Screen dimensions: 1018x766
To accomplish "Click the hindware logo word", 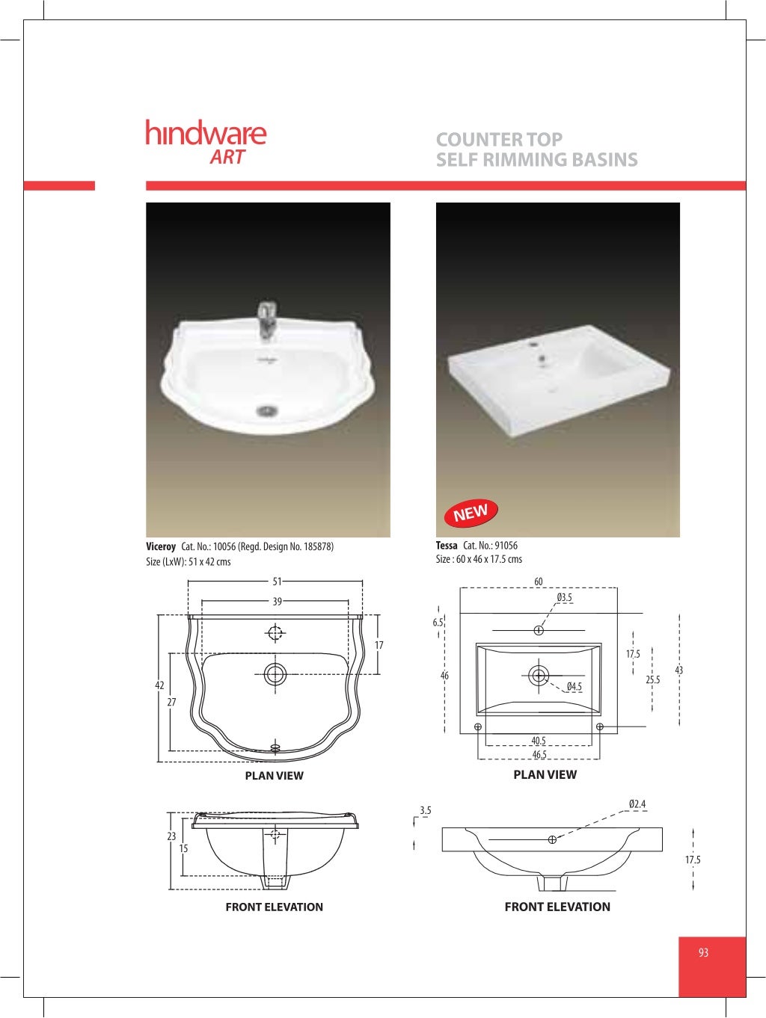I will pyautogui.click(x=206, y=133).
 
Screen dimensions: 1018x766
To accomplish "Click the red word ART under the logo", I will pyautogui.click(x=227, y=157).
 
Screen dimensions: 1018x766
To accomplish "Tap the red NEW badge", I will pyautogui.click(x=471, y=513).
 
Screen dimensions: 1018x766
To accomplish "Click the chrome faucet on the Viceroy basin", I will pyautogui.click(x=267, y=320).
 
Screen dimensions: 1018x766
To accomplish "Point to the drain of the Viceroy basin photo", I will pyautogui.click(x=267, y=410).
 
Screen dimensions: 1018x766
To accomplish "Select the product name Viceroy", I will pyautogui.click(x=161, y=546).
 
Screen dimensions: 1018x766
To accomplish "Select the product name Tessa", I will pyautogui.click(x=447, y=546).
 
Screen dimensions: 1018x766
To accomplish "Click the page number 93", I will pyautogui.click(x=703, y=952).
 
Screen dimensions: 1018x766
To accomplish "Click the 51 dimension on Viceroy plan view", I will pyautogui.click(x=277, y=581).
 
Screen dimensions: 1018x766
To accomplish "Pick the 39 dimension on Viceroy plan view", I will pyautogui.click(x=277, y=601).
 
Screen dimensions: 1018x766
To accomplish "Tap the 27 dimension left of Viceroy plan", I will pyautogui.click(x=172, y=702).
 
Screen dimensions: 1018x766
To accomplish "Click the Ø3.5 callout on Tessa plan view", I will pyautogui.click(x=564, y=597).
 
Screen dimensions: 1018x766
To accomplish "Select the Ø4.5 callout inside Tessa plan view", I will pyautogui.click(x=574, y=686).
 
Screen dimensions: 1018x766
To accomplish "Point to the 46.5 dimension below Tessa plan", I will pyautogui.click(x=539, y=754).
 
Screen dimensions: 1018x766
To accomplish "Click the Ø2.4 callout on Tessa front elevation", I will pyautogui.click(x=637, y=804).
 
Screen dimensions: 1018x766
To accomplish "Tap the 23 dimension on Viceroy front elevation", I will pyautogui.click(x=171, y=836).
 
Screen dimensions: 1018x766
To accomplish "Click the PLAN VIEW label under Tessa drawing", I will pyautogui.click(x=545, y=774).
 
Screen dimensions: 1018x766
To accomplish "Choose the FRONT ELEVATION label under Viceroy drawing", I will pyautogui.click(x=274, y=907).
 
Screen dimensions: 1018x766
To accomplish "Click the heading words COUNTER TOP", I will pyautogui.click(x=499, y=139).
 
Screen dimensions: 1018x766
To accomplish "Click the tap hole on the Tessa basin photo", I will pyautogui.click(x=534, y=345).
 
